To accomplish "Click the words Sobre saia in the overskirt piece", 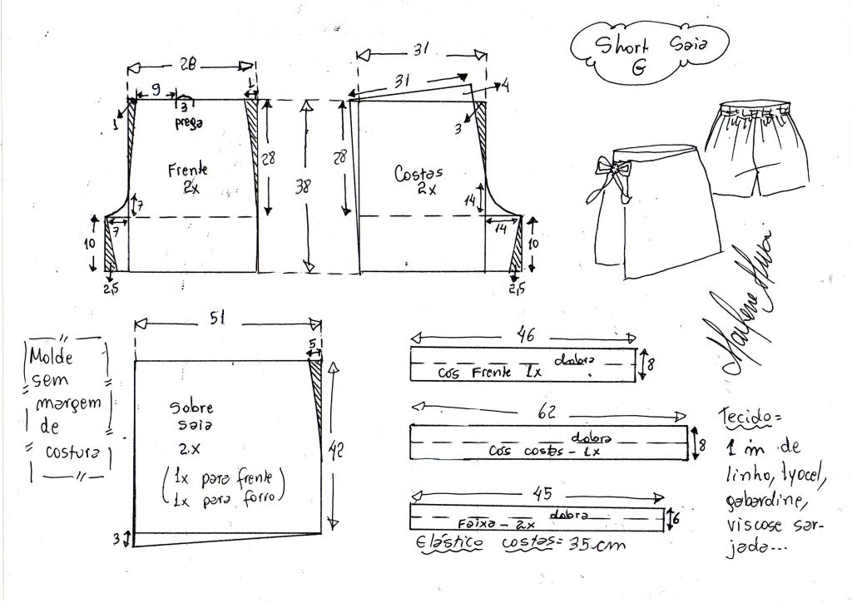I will point(192,415).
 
